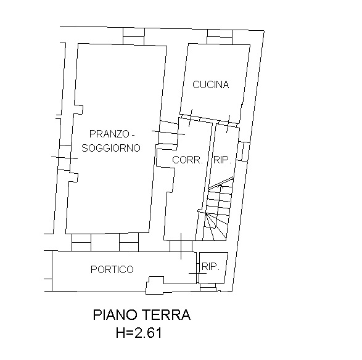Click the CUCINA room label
coord(210,84)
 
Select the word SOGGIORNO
coord(111,148)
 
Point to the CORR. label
coord(187,160)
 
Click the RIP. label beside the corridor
coord(223,160)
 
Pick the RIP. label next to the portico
coord(210,266)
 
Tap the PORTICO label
coord(112,269)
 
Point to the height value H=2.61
coord(139,333)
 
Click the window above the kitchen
coord(220,37)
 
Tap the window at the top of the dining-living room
coord(134,36)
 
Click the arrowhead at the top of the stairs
coord(221,186)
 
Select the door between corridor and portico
coord(181,246)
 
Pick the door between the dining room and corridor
coord(168,133)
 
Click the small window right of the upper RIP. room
coord(244,152)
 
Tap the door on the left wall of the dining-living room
coord(64,158)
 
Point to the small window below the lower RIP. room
coord(208,287)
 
